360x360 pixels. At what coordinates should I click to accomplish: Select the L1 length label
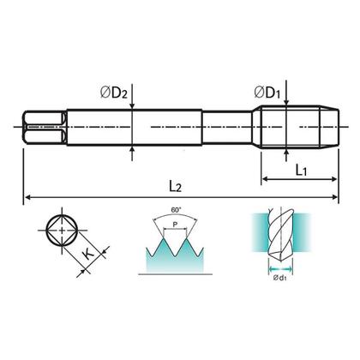(303, 171)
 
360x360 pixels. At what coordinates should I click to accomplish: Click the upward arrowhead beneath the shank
(133, 151)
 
